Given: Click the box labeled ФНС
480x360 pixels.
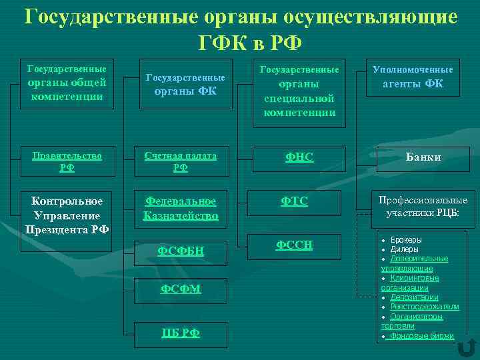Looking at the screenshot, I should (x=299, y=157).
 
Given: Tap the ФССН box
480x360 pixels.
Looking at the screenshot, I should (x=294, y=246).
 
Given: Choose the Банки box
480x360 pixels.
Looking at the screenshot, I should (x=425, y=157).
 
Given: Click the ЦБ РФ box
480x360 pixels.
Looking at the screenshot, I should (x=181, y=333).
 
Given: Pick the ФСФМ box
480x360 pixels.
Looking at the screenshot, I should (x=181, y=288).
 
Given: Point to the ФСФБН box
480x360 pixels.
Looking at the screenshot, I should (x=181, y=251).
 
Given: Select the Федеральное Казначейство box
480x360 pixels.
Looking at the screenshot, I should (x=181, y=208).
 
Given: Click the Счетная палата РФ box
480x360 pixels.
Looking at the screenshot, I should (x=181, y=161).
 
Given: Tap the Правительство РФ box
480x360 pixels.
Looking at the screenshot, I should (x=67, y=161).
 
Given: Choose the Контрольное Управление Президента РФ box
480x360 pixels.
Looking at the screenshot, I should (x=67, y=215).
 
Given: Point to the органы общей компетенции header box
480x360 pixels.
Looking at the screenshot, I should (x=67, y=82).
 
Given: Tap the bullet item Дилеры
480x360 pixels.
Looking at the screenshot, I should (x=404, y=249).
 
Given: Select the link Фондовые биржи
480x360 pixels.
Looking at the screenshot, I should (x=422, y=336).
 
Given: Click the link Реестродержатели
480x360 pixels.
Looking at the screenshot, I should (x=425, y=307).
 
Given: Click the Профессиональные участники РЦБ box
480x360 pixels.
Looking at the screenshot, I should (x=423, y=207).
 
